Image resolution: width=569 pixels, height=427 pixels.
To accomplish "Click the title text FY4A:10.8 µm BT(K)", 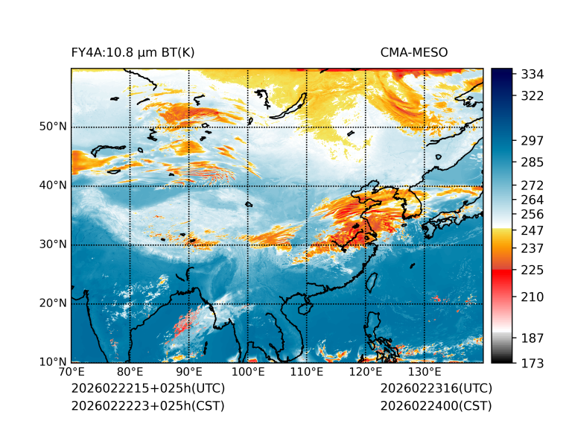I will pos(133,52).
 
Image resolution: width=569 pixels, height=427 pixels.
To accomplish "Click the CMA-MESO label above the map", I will pos(413,52).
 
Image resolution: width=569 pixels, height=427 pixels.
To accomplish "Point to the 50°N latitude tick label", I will pos(53,127).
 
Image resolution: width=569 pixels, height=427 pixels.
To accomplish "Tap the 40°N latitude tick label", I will pos(53,186).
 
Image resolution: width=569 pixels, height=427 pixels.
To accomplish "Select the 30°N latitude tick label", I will pos(53,244).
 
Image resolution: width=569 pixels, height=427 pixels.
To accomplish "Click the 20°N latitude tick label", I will pos(53,303).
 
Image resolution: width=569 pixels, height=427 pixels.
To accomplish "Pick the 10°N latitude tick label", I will pos(53,362).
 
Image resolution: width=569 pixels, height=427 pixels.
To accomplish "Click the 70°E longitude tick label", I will pos(71,373).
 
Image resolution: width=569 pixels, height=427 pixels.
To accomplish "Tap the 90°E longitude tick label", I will pos(189,373).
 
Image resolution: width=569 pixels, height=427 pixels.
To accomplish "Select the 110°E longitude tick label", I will pos(307,373).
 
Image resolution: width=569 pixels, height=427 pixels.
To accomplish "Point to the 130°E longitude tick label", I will pos(425,373).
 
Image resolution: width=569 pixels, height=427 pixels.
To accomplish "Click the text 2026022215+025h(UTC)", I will pos(147,389).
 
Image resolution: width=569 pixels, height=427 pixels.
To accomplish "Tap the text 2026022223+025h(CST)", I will pos(147,405).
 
